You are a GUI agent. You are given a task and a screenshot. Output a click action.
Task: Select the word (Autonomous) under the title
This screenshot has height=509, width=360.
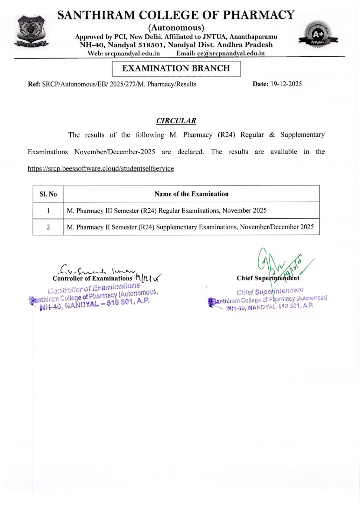point(176,28)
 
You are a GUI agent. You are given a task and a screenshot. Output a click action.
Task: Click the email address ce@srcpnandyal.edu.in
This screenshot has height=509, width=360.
point(231,53)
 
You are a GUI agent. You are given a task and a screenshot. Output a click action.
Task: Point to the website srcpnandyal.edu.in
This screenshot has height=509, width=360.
point(132,53)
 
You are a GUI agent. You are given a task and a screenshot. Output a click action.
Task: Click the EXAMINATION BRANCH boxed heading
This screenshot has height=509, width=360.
point(176,68)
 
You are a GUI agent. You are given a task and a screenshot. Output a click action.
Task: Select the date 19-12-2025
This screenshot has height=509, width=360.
point(286,84)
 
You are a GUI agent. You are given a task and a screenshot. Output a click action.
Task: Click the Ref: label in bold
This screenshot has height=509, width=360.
point(34,84)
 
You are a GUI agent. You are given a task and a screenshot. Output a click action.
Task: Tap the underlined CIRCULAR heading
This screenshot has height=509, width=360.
point(176,121)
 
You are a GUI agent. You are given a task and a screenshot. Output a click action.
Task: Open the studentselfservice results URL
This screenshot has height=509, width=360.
point(101,169)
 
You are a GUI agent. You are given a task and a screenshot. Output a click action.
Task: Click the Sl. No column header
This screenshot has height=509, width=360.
point(48,194)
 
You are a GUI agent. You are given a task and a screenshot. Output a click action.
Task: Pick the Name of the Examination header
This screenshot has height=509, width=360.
point(191,194)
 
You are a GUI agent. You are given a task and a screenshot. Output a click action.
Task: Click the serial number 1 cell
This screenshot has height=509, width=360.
point(48,211)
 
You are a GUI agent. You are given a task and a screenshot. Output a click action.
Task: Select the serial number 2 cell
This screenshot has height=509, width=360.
point(48,227)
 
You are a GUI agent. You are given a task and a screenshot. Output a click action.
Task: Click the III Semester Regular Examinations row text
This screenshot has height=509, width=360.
point(166,211)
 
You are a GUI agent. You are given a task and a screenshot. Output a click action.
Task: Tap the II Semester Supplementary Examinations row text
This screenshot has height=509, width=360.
point(190,227)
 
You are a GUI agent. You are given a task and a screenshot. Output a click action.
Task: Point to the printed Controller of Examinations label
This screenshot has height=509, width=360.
point(92,278)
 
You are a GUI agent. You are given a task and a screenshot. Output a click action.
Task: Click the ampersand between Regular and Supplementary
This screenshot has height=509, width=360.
point(272,135)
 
